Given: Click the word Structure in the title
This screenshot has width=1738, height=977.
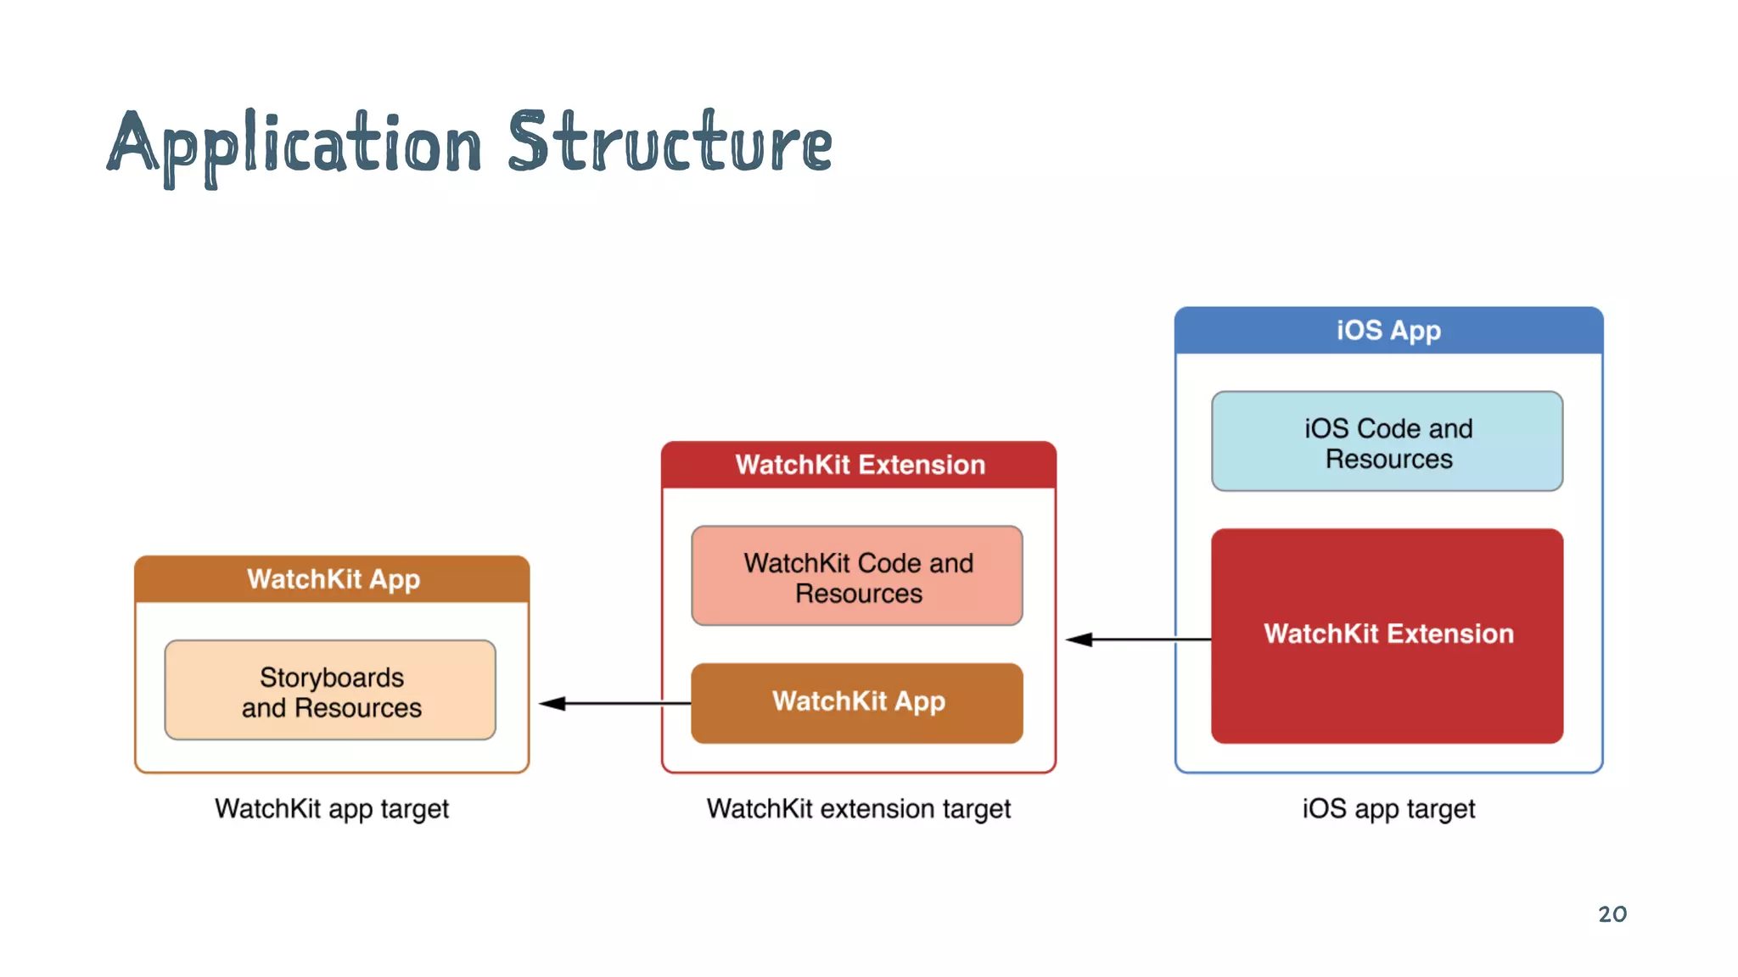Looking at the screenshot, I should coord(670,142).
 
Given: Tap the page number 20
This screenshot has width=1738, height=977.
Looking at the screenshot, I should coord(1612,914).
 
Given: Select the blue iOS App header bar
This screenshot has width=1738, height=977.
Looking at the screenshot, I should coord(1388,331).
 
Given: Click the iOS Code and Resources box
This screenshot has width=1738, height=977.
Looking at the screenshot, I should coord(1387,442).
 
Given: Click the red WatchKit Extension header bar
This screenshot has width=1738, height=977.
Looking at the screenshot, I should coord(858,465).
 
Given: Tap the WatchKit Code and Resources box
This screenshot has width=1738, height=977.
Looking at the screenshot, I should coord(857,577).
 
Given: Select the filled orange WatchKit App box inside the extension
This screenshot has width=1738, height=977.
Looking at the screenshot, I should coord(857,703).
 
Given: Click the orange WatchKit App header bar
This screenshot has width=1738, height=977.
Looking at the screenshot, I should coord(332,579).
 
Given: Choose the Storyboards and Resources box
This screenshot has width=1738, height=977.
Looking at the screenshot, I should coord(330,691).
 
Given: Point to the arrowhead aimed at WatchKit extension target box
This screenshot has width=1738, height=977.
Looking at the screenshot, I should coord(1079,639).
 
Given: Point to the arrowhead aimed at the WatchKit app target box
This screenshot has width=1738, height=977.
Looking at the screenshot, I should coord(552,703).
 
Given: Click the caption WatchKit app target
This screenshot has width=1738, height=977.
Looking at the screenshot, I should coord(331,809).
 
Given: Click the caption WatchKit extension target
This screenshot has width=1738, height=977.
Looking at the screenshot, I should coord(858,809).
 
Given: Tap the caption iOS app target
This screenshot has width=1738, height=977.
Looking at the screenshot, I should coord(1388,809).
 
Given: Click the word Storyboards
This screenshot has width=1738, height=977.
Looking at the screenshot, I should coord(332,678).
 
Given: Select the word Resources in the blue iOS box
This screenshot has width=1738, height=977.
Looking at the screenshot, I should coord(1388,460).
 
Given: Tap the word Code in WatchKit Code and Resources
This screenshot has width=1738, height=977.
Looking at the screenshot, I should coord(889,563).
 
